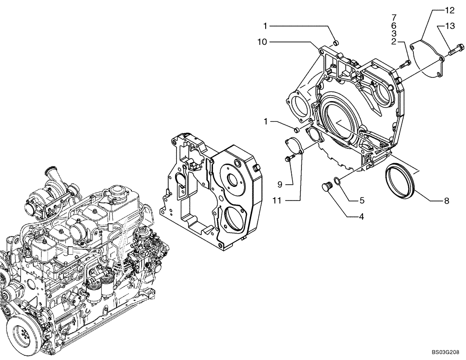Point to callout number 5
362,201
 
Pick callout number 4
362,216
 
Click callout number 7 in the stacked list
394,18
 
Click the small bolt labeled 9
288,159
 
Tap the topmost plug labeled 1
335,43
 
